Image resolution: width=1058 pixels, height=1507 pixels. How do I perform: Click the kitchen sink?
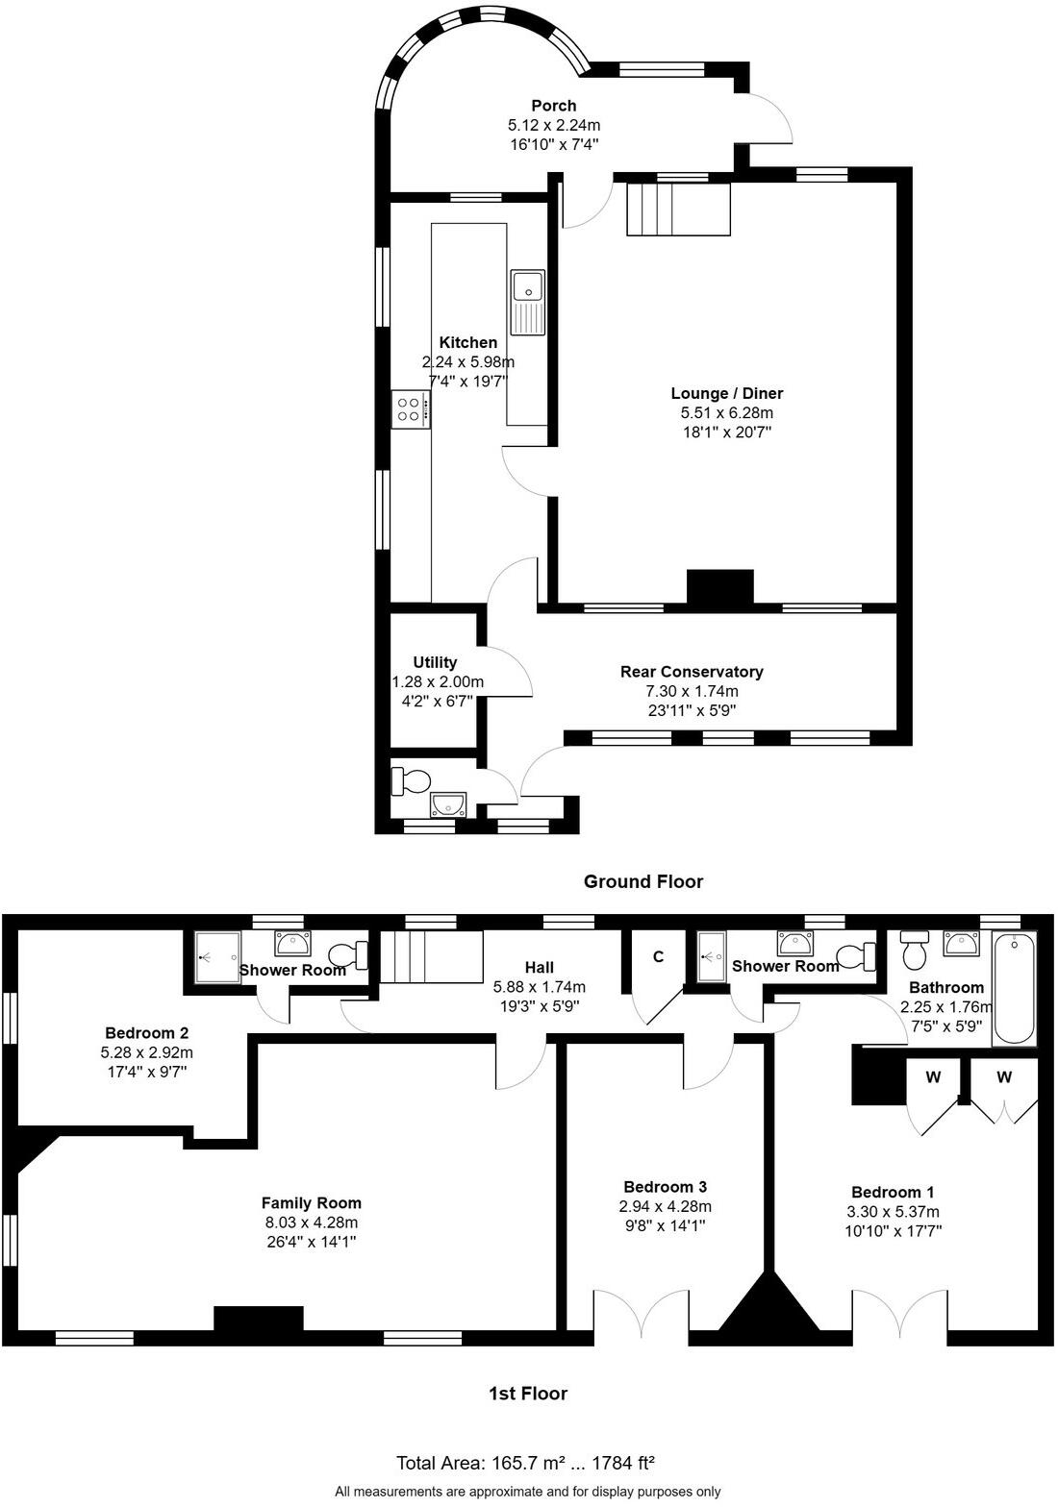[528, 302]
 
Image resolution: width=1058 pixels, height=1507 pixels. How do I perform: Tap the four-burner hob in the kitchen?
[410, 410]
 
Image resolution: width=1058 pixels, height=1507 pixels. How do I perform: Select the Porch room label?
[554, 106]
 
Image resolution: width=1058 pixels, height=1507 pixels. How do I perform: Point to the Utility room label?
[435, 662]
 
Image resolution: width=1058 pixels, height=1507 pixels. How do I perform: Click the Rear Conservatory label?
[692, 672]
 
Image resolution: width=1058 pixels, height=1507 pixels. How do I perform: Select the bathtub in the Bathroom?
[1015, 989]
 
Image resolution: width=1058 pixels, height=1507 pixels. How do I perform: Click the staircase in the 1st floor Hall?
[431, 957]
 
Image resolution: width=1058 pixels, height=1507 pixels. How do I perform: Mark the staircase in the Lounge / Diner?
[678, 209]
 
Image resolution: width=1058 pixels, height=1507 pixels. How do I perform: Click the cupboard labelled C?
[658, 957]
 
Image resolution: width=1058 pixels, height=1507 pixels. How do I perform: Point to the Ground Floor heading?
[643, 881]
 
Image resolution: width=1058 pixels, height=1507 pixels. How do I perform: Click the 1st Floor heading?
[528, 1394]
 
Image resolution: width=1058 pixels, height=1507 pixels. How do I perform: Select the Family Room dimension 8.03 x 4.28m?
[312, 1223]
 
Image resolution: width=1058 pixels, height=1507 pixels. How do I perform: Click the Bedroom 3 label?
[666, 1187]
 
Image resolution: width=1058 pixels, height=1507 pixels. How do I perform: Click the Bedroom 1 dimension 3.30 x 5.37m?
[893, 1212]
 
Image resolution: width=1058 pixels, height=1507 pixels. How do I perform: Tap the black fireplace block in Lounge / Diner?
[719, 588]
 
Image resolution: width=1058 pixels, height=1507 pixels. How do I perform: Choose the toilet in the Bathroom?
[915, 952]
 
